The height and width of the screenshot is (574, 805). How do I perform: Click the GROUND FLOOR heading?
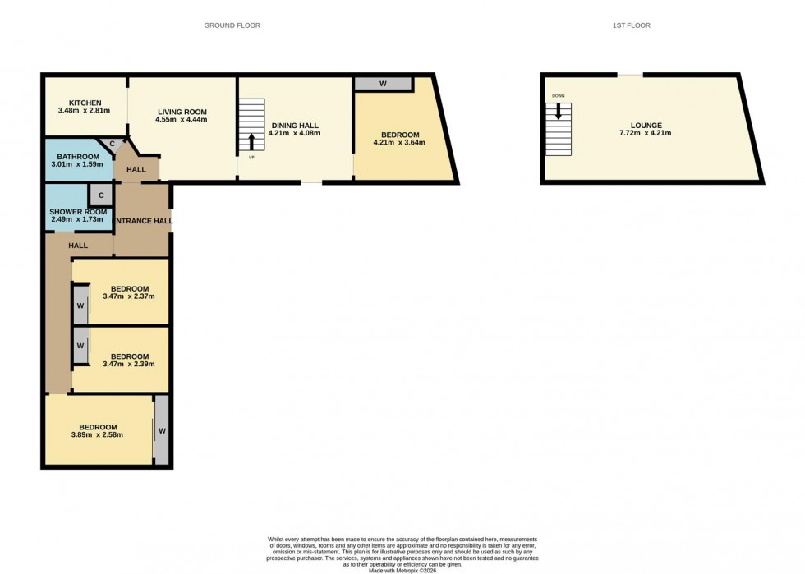232,25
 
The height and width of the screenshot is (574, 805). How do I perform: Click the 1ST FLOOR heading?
631,25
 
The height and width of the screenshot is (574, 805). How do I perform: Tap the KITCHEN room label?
85,103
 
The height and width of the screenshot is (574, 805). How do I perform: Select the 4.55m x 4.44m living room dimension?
182,120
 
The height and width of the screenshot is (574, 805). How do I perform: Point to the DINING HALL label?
293,126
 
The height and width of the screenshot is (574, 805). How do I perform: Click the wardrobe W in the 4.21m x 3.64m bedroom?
383,84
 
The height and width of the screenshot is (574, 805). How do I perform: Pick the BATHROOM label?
78,156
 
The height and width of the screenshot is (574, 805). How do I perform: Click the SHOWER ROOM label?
78,212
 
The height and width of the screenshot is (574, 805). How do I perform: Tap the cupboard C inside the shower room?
100,195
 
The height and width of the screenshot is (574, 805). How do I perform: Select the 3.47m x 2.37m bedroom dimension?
129,296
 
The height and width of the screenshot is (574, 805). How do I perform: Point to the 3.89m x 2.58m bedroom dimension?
97,434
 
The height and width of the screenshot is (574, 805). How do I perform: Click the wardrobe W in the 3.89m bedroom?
162,431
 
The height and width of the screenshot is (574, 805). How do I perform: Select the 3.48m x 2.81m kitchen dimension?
85,111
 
